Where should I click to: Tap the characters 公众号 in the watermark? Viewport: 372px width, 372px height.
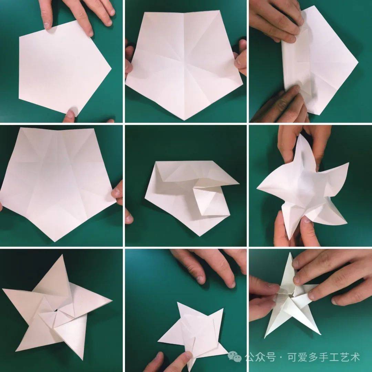pyautogui.click(x=260, y=358)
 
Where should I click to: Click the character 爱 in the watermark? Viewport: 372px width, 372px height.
pyautogui.click(x=300, y=358)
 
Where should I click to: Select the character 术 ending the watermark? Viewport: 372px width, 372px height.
pyautogui.click(x=355, y=358)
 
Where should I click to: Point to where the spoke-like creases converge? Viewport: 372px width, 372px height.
pyautogui.click(x=184, y=64)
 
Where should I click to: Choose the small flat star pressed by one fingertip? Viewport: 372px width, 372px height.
pyautogui.click(x=193, y=329)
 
